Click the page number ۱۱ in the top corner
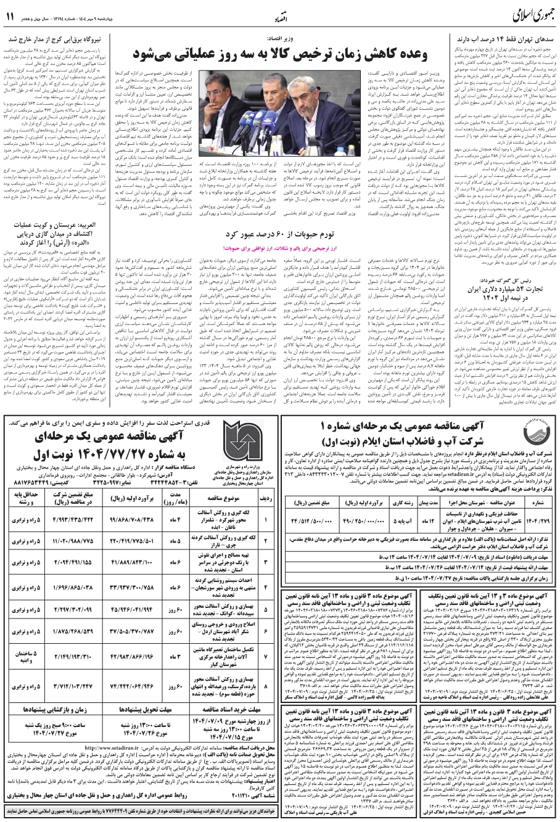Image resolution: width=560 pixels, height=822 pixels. pos(10,17)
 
